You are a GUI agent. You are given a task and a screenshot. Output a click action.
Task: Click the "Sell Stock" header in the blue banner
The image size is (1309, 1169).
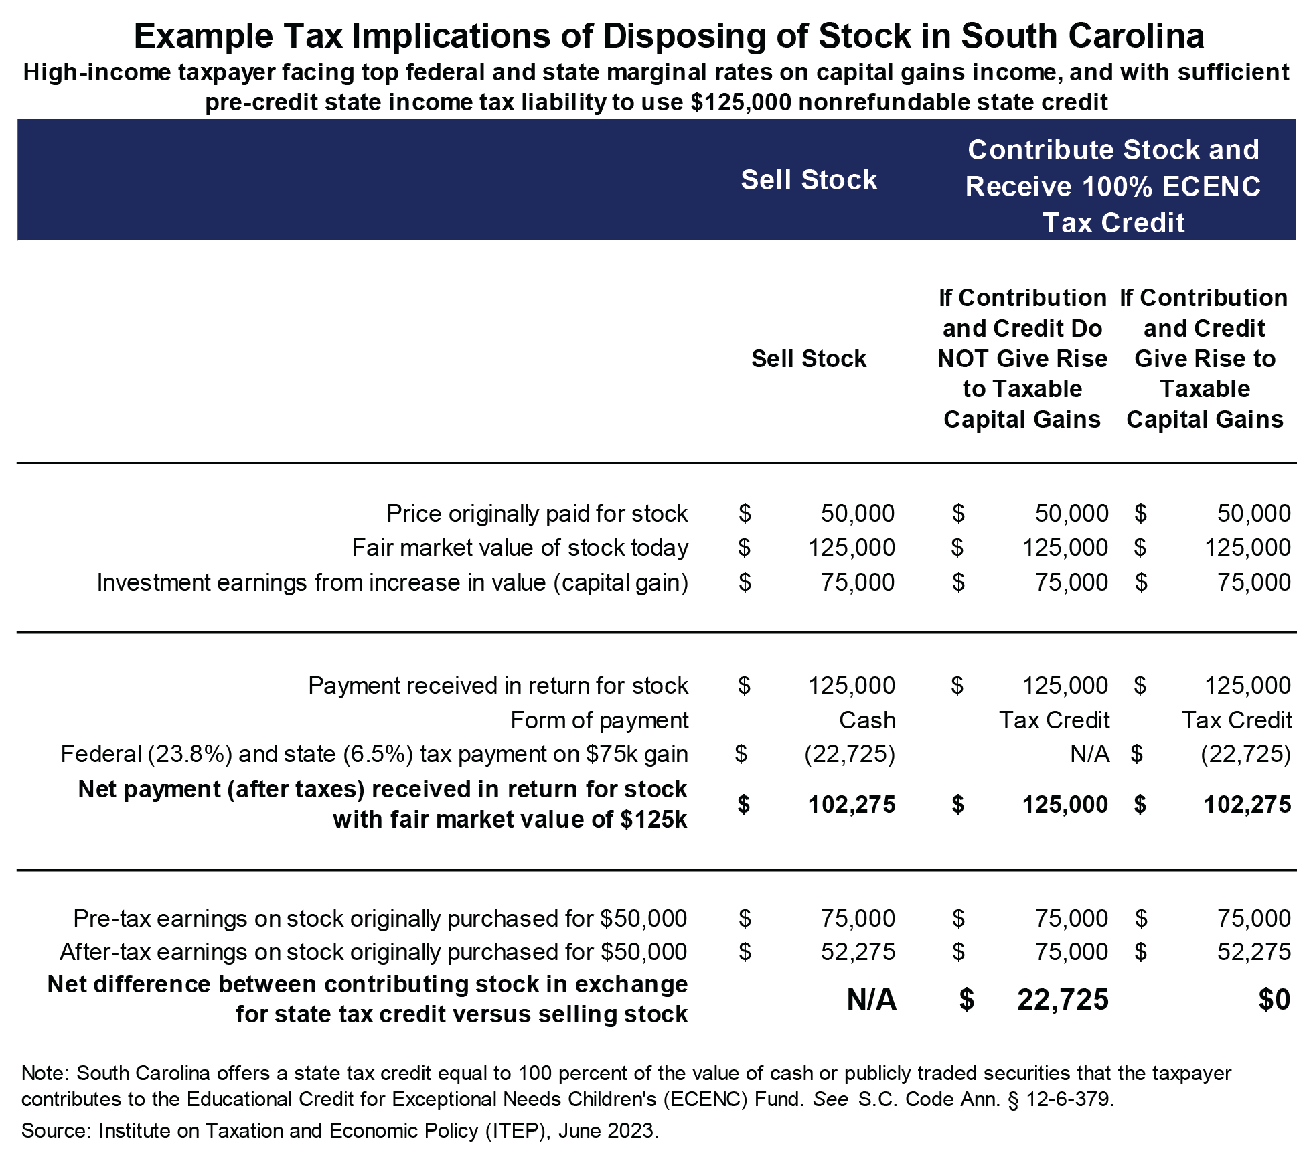pos(808,180)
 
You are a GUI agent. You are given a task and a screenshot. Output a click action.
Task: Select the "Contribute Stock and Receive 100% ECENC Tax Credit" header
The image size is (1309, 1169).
pos(1113,186)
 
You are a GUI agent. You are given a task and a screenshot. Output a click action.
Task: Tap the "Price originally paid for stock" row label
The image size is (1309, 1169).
pos(536,514)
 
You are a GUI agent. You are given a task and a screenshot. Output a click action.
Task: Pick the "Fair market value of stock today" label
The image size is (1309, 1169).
pos(520,548)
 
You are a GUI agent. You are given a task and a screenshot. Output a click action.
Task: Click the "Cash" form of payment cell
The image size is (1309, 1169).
pos(867,720)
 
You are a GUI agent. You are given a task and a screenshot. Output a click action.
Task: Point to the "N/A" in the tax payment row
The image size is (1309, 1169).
pos(1089,754)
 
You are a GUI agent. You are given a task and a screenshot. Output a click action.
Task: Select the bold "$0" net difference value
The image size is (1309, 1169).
pos(1274,1000)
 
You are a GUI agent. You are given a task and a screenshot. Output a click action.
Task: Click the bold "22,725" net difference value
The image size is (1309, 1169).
pos(1063,1000)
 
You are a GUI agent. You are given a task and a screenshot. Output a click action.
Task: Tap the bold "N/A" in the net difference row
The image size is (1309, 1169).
pos(871,1000)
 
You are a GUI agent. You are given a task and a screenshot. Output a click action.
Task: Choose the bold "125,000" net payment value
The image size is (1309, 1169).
pos(1065,805)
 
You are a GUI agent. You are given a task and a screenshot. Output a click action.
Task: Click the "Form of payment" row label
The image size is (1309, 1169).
pos(599,720)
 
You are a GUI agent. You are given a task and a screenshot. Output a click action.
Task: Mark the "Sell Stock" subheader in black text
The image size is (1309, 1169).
pos(808,359)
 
